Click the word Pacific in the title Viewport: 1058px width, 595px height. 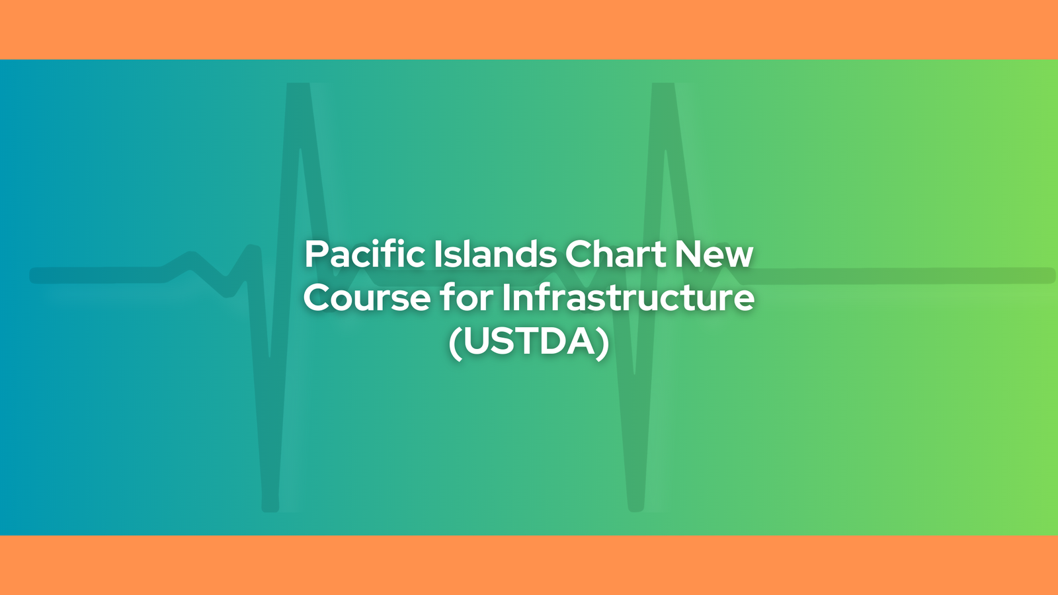pyautogui.click(x=364, y=254)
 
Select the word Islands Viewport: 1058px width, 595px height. pyautogui.click(x=495, y=254)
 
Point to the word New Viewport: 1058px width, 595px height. pyautogui.click(x=713, y=254)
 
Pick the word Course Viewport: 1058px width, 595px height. pyautogui.click(x=367, y=297)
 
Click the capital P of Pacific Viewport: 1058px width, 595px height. pyautogui.click(x=317, y=254)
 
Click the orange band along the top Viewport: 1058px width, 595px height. pyautogui.click(x=529, y=29)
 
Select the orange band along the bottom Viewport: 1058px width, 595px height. pyautogui.click(x=529, y=565)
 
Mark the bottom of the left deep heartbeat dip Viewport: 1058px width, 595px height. pyautogui.click(x=270, y=510)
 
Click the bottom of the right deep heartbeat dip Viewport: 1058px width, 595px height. pyautogui.click(x=635, y=510)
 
